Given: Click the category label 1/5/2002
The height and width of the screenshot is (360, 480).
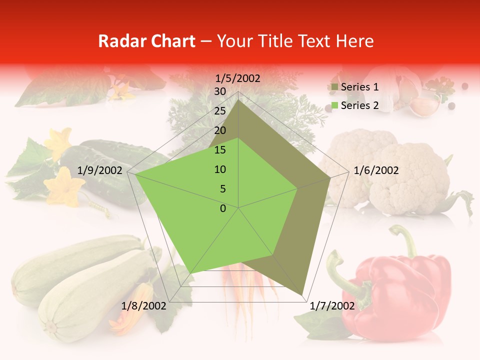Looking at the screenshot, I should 238,78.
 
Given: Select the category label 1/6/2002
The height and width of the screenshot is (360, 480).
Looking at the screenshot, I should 376,170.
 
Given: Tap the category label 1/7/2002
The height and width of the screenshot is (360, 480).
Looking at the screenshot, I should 332,306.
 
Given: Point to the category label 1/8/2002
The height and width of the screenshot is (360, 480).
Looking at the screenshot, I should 143,306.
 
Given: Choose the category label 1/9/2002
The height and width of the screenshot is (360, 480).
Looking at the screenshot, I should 100,170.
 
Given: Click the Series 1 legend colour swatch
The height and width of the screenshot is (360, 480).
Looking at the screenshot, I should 334,87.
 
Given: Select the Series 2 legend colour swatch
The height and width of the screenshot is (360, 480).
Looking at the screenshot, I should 334,105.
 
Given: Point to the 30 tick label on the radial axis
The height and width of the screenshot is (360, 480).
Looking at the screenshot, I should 220,91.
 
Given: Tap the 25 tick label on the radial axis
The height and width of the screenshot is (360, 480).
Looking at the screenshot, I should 220,111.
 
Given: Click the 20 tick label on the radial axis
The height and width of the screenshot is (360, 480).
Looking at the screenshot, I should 220,130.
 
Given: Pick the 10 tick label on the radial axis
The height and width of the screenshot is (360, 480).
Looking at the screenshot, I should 220,169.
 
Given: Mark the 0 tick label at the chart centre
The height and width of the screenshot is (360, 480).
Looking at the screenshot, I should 223,208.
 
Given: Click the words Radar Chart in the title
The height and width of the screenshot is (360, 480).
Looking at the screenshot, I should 146,41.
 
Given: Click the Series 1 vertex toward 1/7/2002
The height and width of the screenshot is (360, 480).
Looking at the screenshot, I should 302,295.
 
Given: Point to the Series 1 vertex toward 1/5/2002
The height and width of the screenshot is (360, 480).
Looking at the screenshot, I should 238,99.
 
